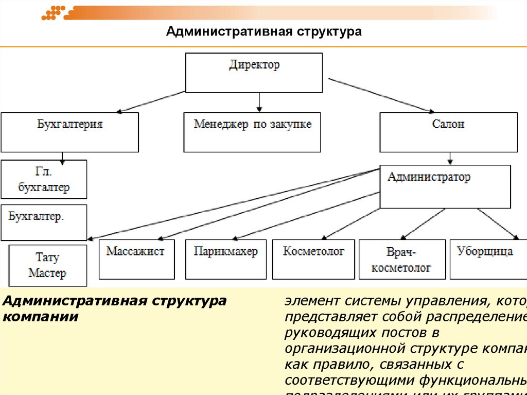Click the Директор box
pyautogui.click(x=254, y=73)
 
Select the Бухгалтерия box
pyautogui.click(x=69, y=132)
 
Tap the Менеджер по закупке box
pyautogui.click(x=252, y=132)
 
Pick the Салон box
pyautogui.click(x=448, y=132)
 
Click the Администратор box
pyautogui.click(x=445, y=186)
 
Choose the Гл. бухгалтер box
pyautogui.click(x=44, y=179)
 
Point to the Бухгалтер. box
pyautogui.click(x=44, y=222)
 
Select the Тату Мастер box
pyautogui.click(x=48, y=265)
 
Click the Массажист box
pyautogui.click(x=136, y=259)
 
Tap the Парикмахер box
pyautogui.click(x=226, y=259)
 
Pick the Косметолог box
pyautogui.click(x=313, y=259)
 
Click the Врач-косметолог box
pyautogui.click(x=402, y=259)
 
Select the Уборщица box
pyautogui.click(x=485, y=259)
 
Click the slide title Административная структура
pyautogui.click(x=264, y=32)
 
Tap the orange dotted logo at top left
pyautogui.click(x=53, y=12)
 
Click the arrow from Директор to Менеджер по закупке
pyautogui.click(x=259, y=102)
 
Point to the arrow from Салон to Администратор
pyautogui.click(x=450, y=158)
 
